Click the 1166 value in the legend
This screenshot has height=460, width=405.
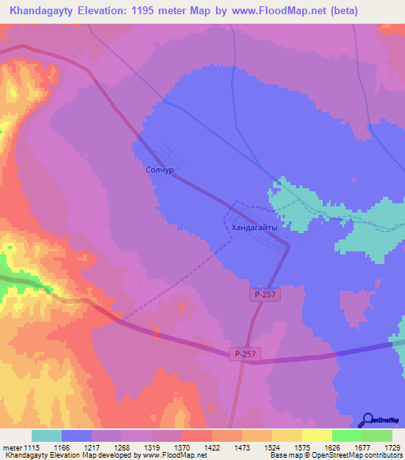[x=62, y=447]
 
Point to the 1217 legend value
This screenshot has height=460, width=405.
[x=92, y=447]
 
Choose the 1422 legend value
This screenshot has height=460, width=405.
[x=212, y=447]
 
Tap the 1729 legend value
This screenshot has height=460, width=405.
[x=392, y=447]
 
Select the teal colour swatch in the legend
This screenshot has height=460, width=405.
[x=47, y=435]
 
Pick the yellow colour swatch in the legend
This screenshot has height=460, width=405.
[x=316, y=435]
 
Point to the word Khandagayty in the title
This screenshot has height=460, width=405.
[x=42, y=11]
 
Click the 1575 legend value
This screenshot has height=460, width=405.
[x=302, y=447]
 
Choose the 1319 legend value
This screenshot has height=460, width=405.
[x=152, y=447]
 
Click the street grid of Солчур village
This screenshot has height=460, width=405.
[x=170, y=156]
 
